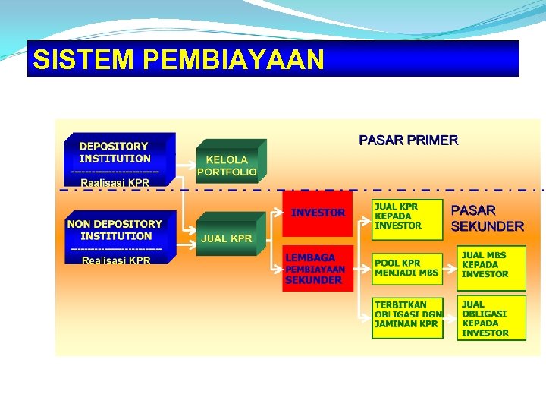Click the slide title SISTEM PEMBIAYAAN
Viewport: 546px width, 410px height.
click(x=179, y=59)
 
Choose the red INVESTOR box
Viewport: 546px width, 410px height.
click(x=318, y=213)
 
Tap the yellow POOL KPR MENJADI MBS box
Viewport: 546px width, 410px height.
click(x=406, y=267)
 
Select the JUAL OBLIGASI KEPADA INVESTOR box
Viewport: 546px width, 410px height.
click(x=490, y=318)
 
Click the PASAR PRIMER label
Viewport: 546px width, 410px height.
click(x=408, y=140)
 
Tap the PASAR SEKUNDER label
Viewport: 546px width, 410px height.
click(x=487, y=218)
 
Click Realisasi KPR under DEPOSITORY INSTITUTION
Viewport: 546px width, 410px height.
click(x=115, y=183)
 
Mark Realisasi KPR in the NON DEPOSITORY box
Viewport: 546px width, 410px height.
click(x=116, y=260)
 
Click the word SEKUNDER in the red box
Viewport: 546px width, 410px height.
click(x=313, y=280)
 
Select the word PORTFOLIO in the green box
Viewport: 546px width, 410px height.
click(x=227, y=172)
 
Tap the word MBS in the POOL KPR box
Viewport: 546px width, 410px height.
click(x=428, y=273)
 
